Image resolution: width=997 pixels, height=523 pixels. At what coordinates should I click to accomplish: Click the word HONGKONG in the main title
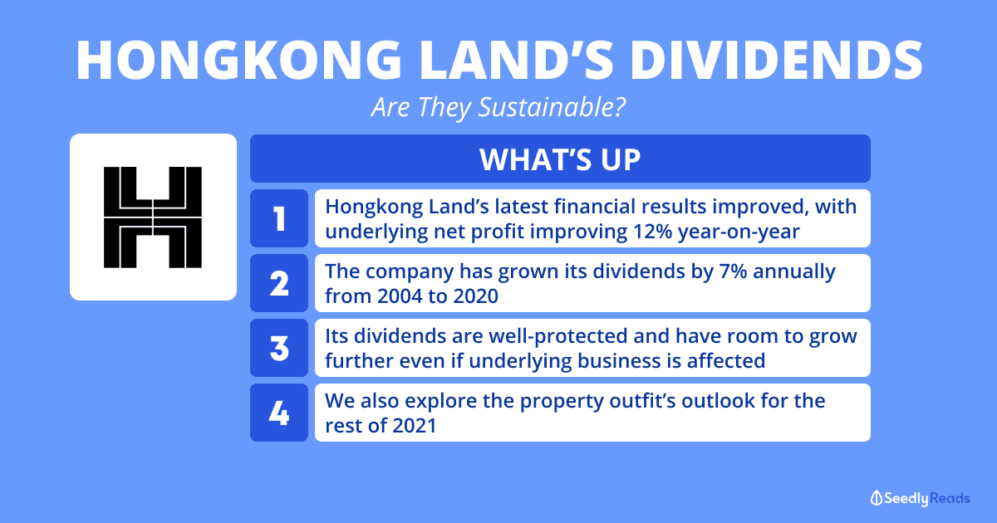[239, 60]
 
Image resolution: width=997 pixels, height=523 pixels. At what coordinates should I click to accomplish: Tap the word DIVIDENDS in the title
[776, 60]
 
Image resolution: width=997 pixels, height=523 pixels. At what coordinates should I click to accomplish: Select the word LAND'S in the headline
[516, 60]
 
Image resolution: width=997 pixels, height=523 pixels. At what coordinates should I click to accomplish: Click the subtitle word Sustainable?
[552, 107]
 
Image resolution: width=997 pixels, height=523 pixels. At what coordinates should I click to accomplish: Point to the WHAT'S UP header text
[560, 159]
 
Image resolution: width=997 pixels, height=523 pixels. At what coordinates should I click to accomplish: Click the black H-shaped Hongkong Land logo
[153, 218]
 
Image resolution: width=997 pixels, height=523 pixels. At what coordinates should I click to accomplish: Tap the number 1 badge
[279, 218]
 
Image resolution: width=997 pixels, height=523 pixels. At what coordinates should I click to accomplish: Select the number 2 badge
[279, 283]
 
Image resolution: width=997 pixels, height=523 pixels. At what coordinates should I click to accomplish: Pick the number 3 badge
[279, 348]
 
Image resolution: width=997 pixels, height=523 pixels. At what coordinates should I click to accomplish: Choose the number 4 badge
[279, 413]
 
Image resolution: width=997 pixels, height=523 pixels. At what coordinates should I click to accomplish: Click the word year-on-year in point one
[739, 232]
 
